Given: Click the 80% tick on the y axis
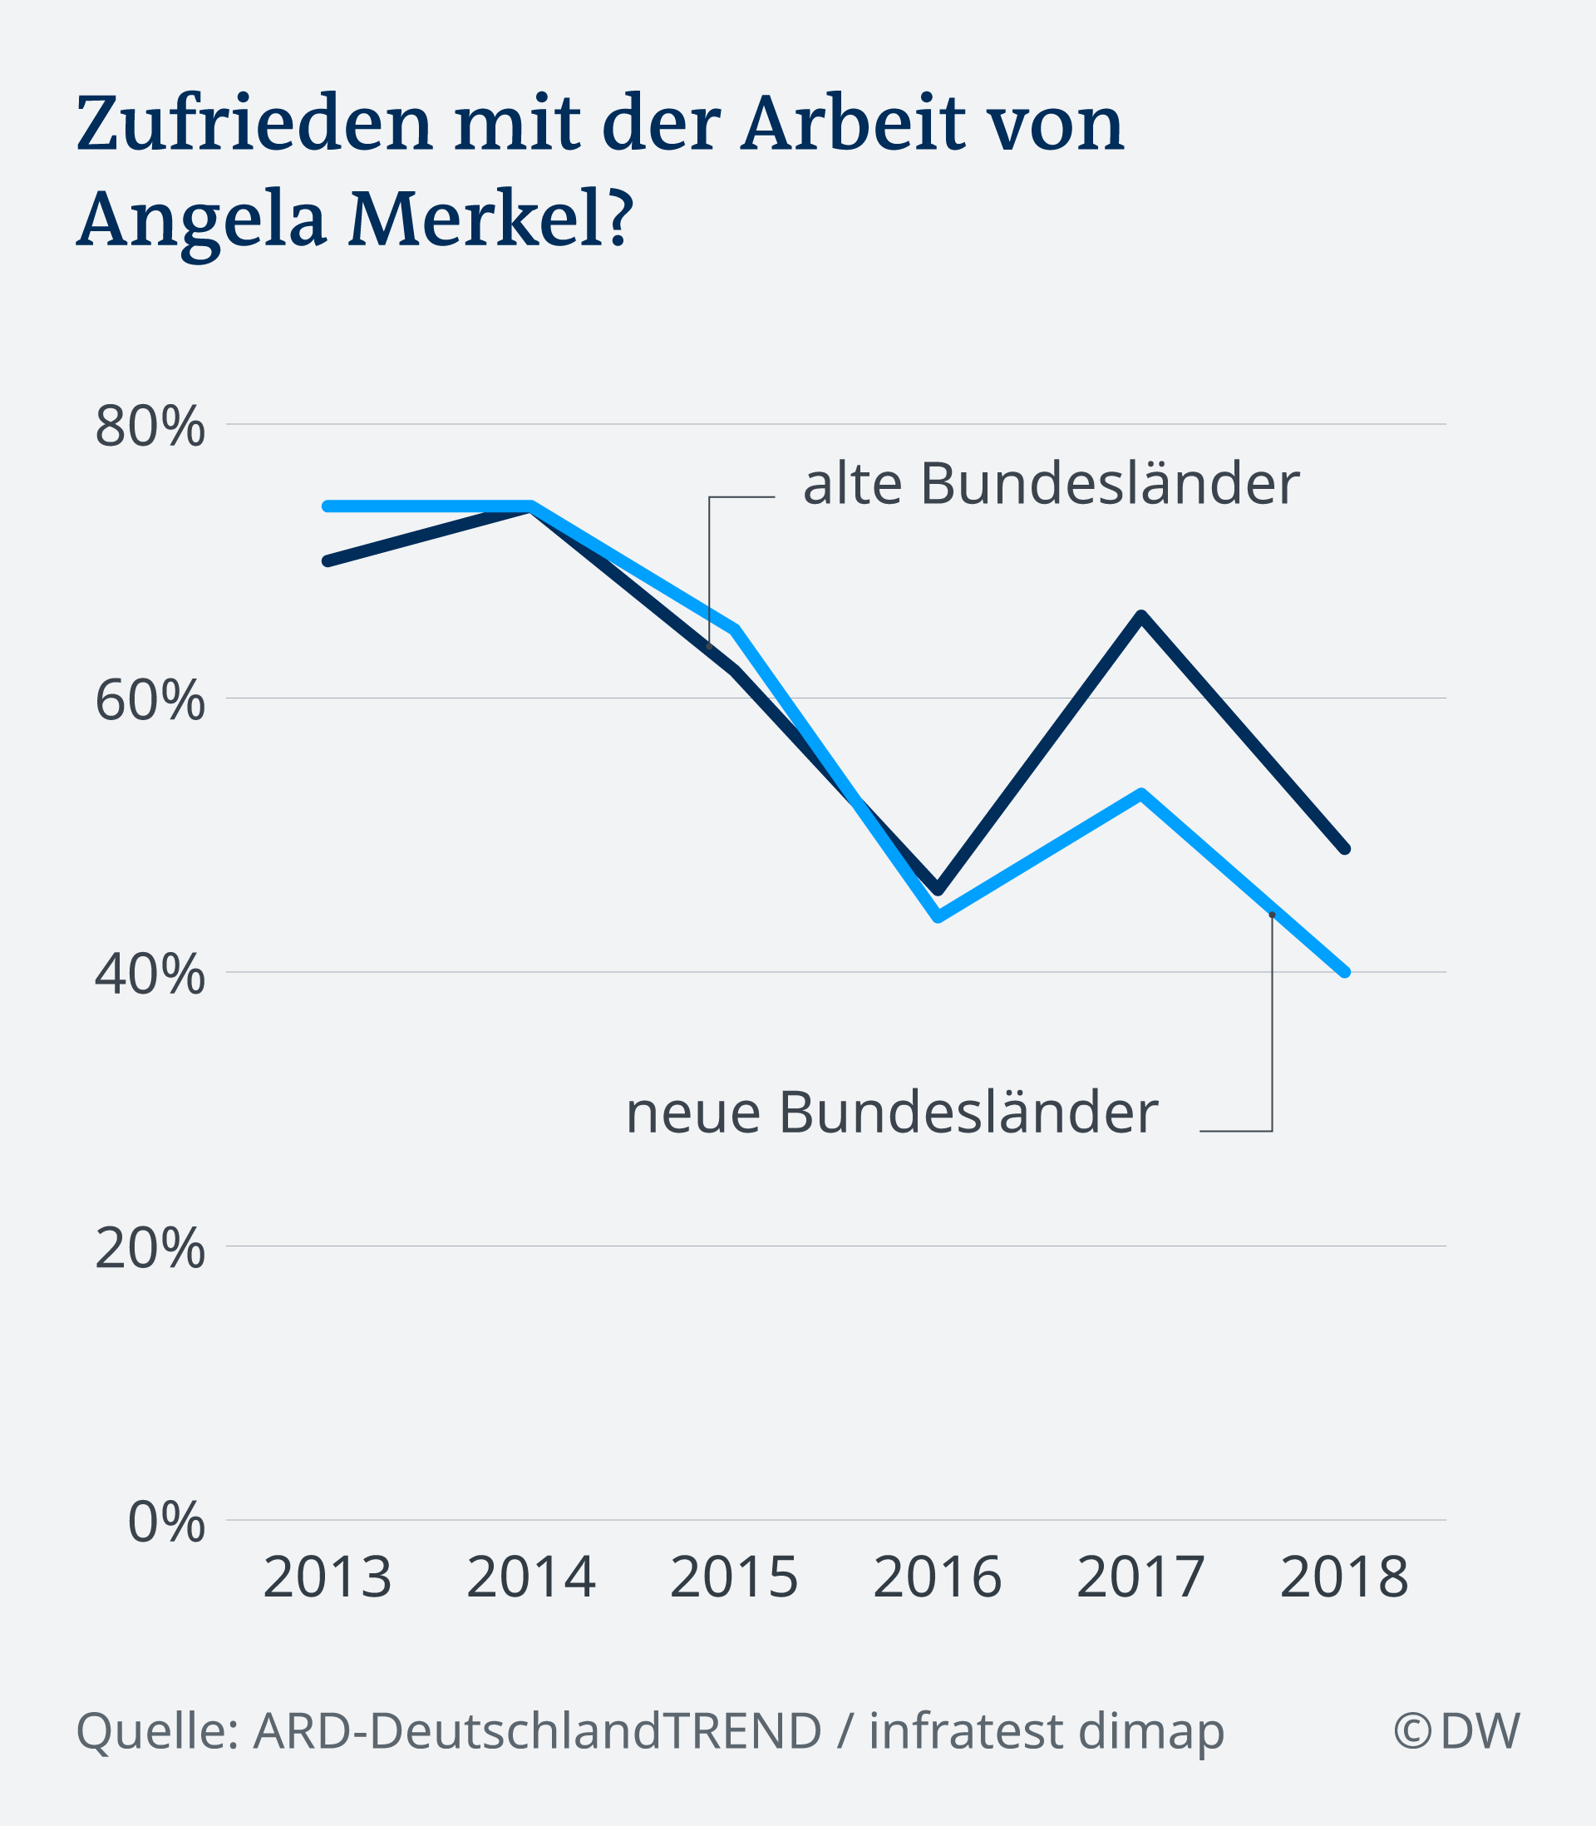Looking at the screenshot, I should (150, 427).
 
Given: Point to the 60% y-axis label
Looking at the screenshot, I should (150, 701).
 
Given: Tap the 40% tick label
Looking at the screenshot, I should (150, 975).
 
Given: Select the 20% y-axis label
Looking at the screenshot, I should (150, 1249).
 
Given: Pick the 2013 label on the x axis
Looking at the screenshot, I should (328, 1577).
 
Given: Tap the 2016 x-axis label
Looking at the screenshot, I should (938, 1577).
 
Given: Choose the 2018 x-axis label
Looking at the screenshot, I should (1344, 1577).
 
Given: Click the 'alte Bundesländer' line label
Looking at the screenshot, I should (1051, 485).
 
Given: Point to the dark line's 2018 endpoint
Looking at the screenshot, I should (1345, 849).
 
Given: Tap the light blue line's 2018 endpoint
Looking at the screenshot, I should (1345, 972).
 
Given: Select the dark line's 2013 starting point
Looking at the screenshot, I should (328, 561).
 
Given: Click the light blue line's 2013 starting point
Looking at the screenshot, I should (328, 506).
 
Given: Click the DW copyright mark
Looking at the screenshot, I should (1456, 1730).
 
